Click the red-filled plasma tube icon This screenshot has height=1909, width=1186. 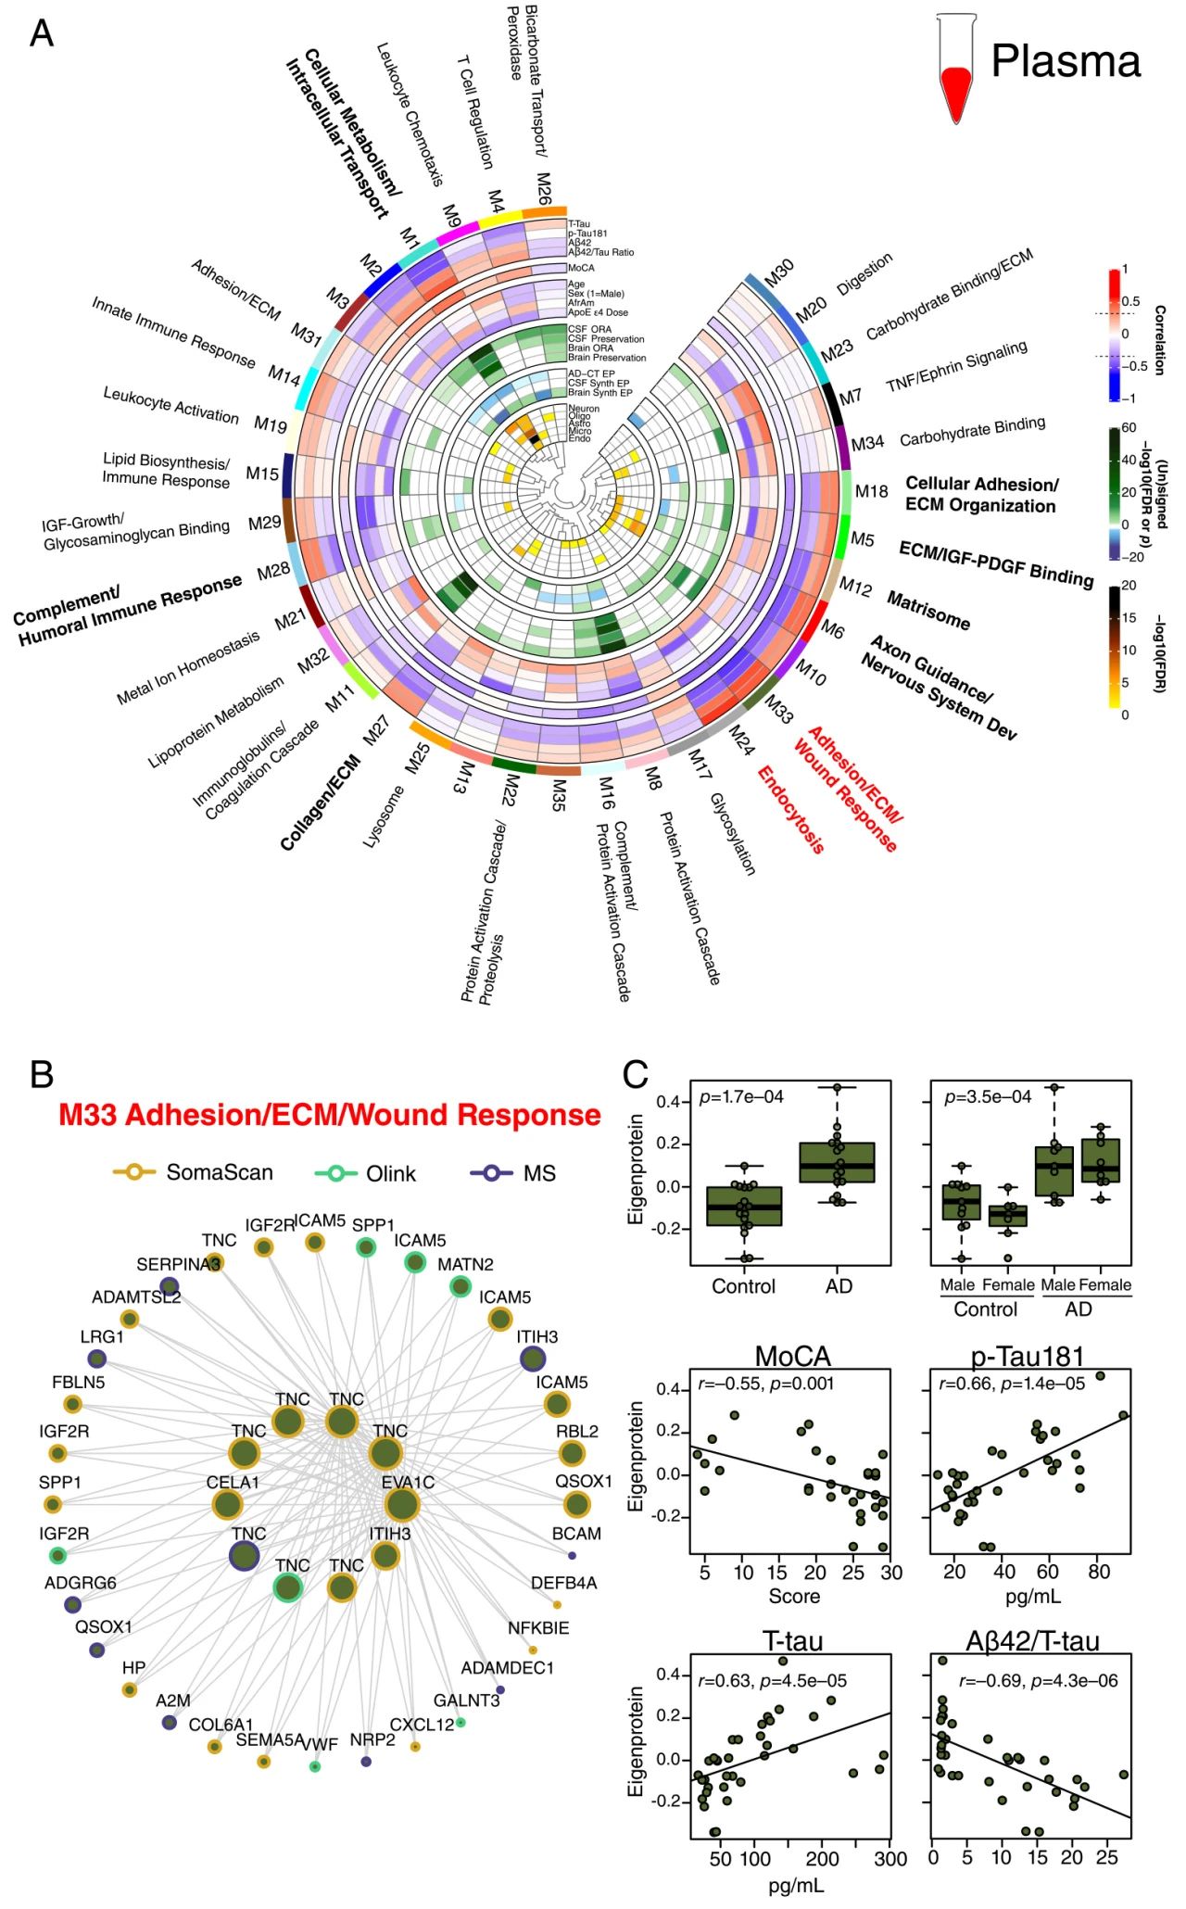(955, 70)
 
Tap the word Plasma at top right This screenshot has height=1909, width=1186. (1066, 62)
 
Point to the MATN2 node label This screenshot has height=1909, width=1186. (465, 1265)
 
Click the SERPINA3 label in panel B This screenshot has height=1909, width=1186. (178, 1265)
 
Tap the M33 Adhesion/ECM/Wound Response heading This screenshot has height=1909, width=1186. (329, 1115)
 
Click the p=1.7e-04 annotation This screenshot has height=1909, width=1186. (741, 1097)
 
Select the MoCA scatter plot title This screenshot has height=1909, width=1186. (792, 1357)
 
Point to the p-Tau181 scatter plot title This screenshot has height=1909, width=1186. (1028, 1357)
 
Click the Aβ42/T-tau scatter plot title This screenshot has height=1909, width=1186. (1032, 1642)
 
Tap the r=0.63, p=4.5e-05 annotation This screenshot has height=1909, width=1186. (772, 1680)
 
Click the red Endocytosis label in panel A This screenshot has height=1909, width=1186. (790, 808)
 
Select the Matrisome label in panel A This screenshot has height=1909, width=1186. (928, 611)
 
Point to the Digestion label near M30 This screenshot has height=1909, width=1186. (864, 273)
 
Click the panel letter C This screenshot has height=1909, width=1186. (636, 1074)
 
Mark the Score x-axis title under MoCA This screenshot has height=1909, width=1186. (794, 1595)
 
